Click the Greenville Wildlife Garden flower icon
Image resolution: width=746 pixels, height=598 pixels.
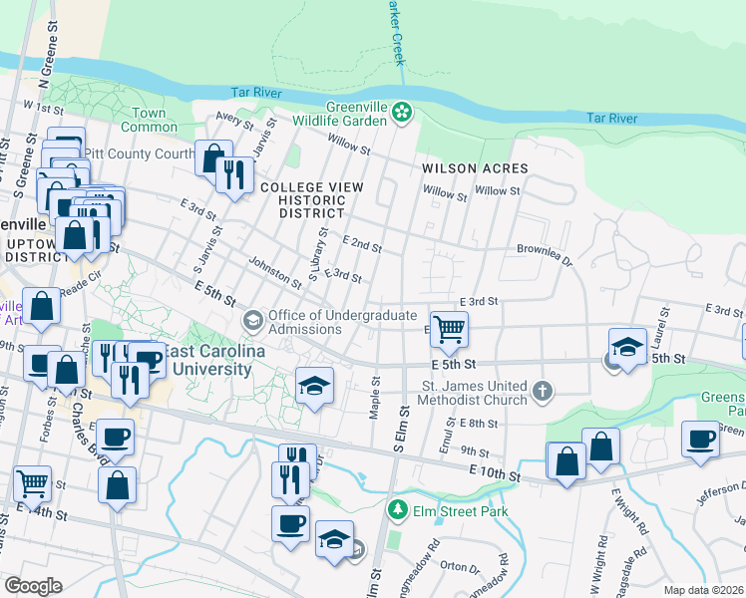tap(402, 112)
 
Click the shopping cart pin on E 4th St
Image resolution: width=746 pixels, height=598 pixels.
tap(450, 328)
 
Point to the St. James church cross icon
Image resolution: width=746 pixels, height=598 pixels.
tap(542, 389)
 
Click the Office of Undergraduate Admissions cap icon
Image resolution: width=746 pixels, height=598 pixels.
tap(253, 320)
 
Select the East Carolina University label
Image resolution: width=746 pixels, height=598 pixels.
tap(206, 361)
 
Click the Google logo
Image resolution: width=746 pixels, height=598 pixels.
tap(32, 585)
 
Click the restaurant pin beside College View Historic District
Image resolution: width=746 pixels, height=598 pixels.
tap(234, 175)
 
